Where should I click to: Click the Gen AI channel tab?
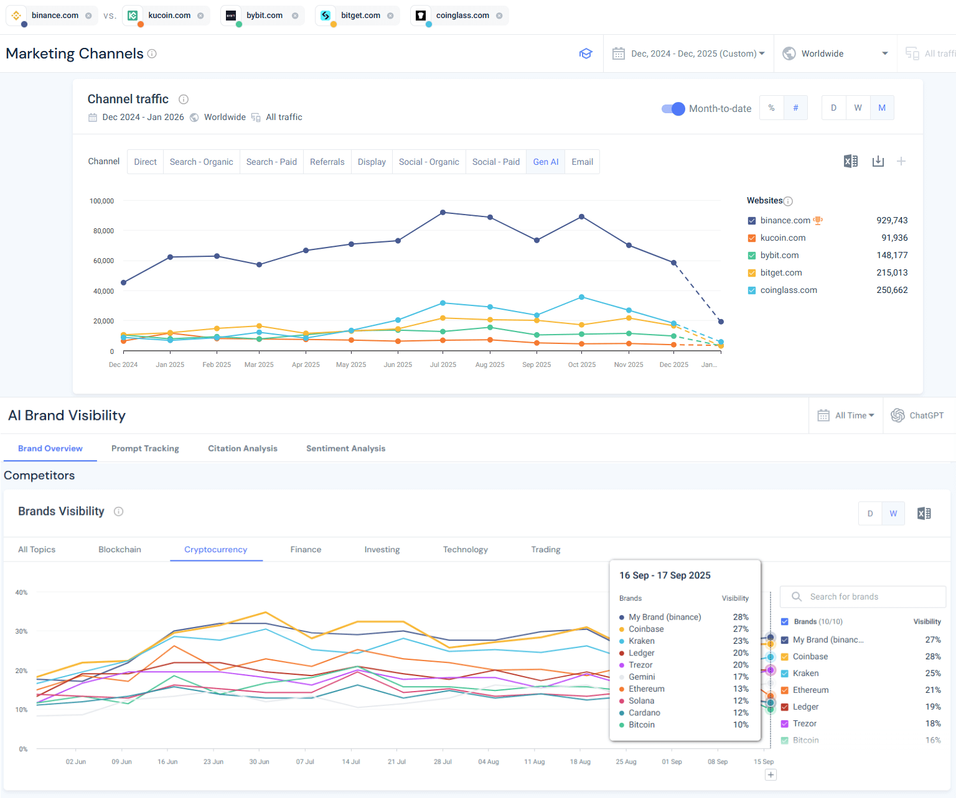545,162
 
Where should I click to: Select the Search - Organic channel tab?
201,162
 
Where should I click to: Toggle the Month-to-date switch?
673,109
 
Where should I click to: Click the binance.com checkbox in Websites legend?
752,221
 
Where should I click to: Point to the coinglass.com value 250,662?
891,290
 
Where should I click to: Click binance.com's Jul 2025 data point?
443,213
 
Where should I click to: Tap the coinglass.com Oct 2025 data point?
582,297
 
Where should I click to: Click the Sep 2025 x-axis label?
536,364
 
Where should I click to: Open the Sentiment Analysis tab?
345,448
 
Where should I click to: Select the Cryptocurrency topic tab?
215,550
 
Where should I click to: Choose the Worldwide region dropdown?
835,53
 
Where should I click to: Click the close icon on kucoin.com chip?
200,16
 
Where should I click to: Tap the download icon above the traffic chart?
878,162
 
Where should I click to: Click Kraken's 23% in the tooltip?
740,641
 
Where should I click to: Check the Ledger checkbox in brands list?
785,707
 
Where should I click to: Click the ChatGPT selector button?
917,415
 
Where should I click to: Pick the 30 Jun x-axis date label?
259,762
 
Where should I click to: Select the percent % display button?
771,108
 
